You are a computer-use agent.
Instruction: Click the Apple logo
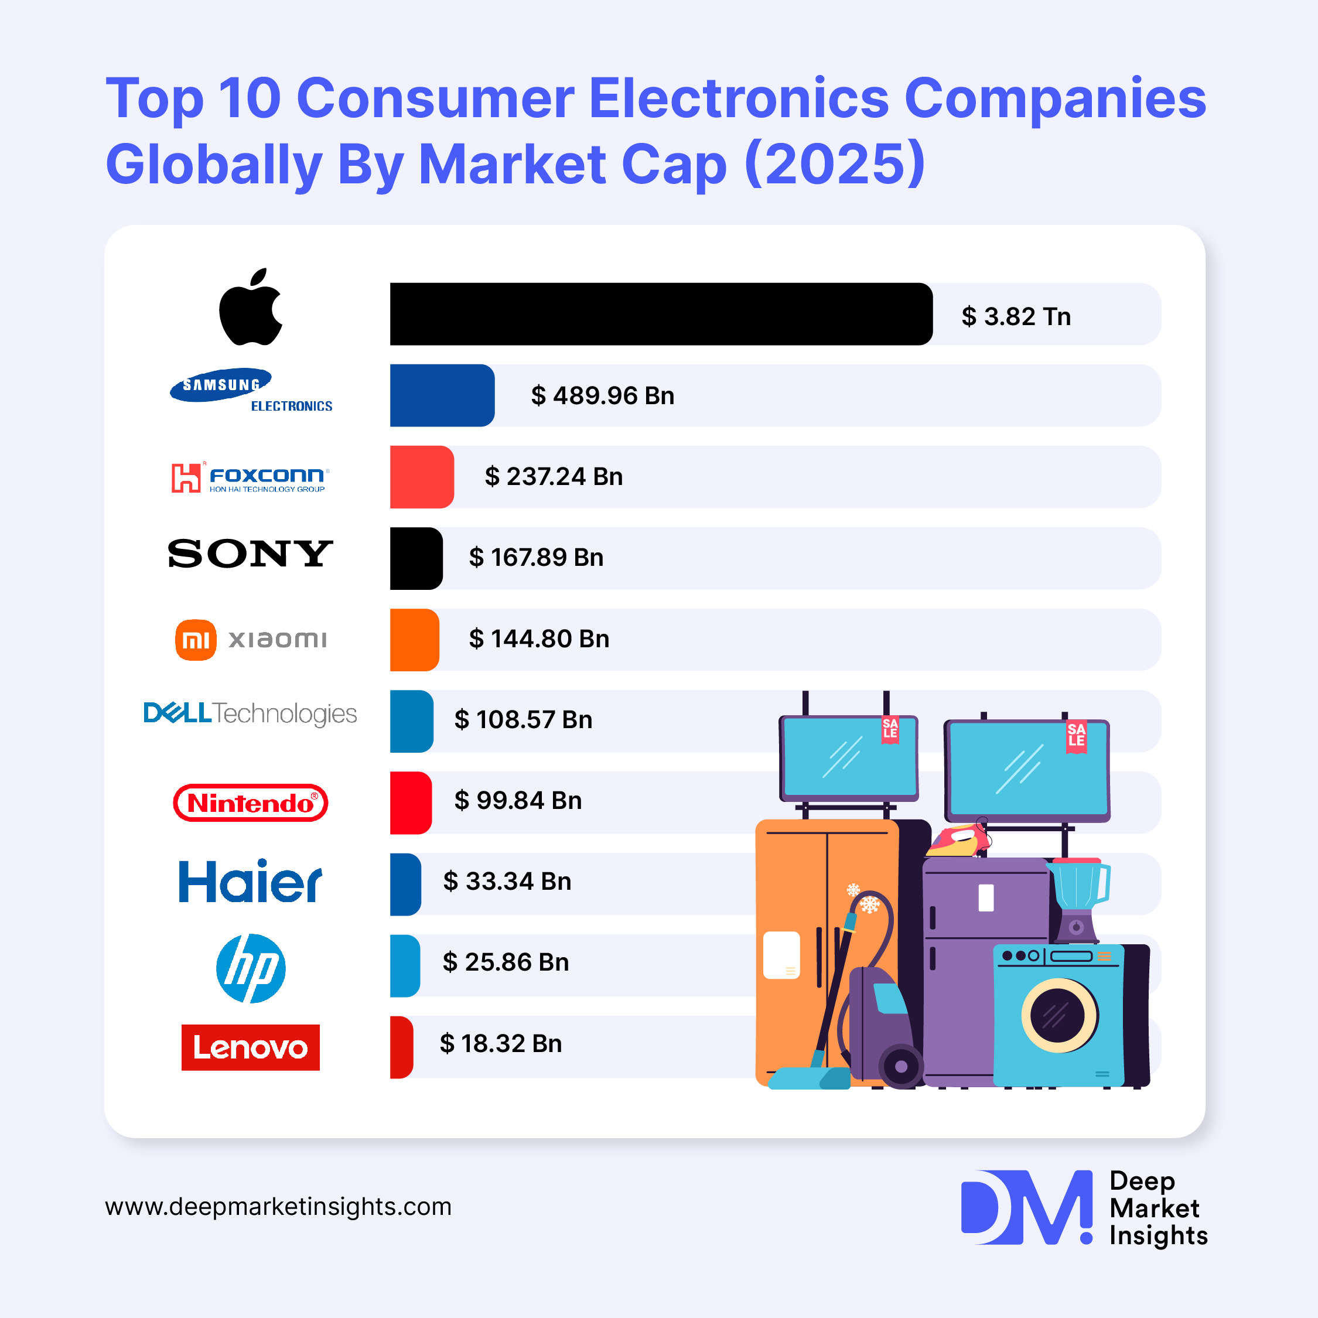[250, 307]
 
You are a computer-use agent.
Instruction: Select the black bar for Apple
[660, 314]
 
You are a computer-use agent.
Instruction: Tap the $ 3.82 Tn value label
[1016, 316]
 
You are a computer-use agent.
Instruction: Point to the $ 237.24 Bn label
[553, 476]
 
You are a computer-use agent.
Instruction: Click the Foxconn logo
[250, 477]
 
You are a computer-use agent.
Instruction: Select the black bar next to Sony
[415, 558]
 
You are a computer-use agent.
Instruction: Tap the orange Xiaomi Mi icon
[196, 640]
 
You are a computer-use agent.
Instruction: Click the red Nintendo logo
[250, 803]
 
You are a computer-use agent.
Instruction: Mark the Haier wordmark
[250, 882]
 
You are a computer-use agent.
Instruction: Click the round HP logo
[250, 968]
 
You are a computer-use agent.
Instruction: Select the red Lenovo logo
[250, 1047]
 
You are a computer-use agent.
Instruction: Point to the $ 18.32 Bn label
[501, 1044]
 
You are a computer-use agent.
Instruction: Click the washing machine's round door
[1059, 1015]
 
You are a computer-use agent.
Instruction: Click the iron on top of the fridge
[958, 841]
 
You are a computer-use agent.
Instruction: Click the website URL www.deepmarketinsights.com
[278, 1206]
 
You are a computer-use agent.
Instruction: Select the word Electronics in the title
[739, 98]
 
